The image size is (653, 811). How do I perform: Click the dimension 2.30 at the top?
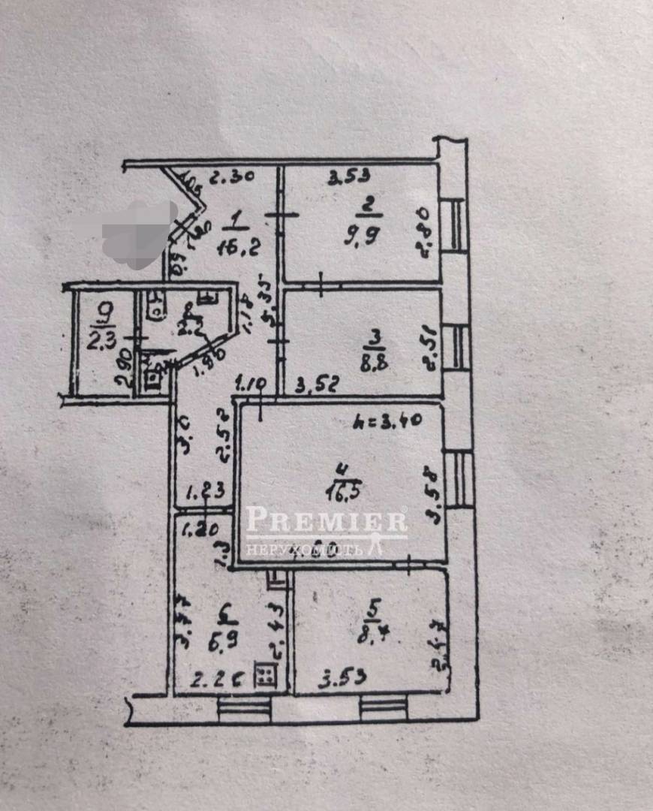(x=230, y=179)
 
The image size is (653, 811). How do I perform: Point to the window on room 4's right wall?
(x=459, y=478)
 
